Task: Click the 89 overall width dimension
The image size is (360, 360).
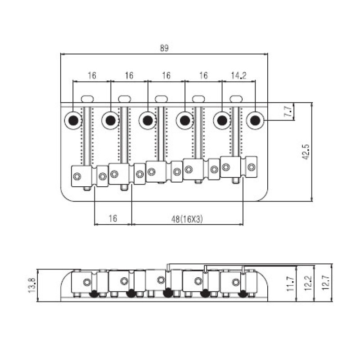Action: point(164,48)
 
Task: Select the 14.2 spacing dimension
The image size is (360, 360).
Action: point(238,76)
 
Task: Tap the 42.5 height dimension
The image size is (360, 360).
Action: point(306,152)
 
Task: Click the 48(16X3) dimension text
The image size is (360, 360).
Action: point(187,219)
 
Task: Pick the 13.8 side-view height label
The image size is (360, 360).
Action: point(32,285)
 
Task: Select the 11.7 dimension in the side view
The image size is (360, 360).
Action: point(291,284)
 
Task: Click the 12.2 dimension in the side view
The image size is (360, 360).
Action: point(308,283)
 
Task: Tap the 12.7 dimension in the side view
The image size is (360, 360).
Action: point(325,283)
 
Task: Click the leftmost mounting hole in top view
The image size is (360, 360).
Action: point(73,120)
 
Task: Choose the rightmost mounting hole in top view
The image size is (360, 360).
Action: point(255,120)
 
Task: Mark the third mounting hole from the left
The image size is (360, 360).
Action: point(148,120)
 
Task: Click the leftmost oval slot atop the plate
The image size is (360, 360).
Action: point(87,99)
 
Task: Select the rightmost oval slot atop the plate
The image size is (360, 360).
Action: point(236,99)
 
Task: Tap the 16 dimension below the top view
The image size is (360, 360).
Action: point(112,218)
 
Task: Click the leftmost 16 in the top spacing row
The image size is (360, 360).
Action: point(92,76)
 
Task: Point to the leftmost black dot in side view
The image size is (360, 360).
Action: point(94,294)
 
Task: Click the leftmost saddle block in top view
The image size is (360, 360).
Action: point(82,176)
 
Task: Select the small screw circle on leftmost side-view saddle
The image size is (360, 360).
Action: point(87,282)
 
